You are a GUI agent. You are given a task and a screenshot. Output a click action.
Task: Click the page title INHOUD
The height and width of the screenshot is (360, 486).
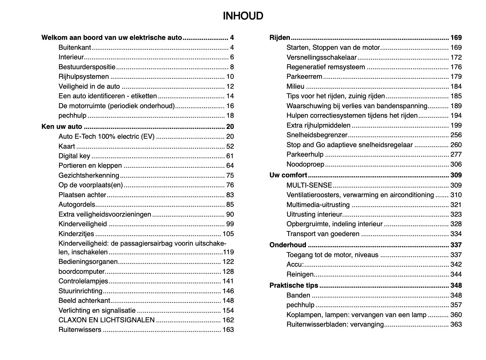click(x=243, y=16)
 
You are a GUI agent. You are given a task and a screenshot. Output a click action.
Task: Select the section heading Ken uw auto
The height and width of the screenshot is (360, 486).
click(x=62, y=127)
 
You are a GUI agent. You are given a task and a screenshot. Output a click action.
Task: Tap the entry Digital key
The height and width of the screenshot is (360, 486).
click(x=74, y=156)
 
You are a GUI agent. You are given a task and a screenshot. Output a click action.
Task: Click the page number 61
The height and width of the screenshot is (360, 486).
click(x=230, y=156)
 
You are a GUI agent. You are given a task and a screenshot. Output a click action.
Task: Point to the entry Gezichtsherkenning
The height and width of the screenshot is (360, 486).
click(x=89, y=176)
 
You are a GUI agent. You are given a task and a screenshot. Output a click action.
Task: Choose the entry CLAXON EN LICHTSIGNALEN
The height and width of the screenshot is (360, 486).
click(x=107, y=320)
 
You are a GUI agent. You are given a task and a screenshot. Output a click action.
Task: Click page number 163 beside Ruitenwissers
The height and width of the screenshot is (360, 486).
click(x=228, y=330)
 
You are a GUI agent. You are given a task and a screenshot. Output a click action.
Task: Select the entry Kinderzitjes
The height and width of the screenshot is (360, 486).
click(x=76, y=234)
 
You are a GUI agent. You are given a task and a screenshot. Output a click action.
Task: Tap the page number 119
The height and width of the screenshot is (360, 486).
click(x=228, y=252)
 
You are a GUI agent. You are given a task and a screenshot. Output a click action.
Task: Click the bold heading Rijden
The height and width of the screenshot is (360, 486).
click(x=280, y=38)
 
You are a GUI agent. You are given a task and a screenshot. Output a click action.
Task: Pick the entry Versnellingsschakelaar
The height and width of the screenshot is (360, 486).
click(x=321, y=57)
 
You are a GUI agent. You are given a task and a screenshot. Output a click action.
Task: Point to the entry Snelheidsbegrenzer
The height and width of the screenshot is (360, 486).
click(x=317, y=135)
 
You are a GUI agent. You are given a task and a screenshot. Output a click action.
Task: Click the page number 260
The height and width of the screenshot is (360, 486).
click(x=456, y=145)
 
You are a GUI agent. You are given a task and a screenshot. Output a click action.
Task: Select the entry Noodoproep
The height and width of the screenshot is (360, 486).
click(x=305, y=164)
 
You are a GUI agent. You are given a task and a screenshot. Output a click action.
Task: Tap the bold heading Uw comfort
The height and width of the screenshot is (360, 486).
click(x=288, y=175)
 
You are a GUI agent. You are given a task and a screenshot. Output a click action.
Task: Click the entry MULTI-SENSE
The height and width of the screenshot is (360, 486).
click(x=309, y=185)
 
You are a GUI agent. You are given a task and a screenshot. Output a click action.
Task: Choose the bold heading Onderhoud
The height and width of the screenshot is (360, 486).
click(x=288, y=245)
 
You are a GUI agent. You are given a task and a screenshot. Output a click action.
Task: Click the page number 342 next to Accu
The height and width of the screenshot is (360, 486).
click(x=456, y=265)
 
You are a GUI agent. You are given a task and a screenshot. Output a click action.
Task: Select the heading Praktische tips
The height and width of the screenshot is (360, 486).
click(x=294, y=286)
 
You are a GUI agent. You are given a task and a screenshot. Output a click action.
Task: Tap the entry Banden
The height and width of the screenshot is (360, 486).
click(x=298, y=295)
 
